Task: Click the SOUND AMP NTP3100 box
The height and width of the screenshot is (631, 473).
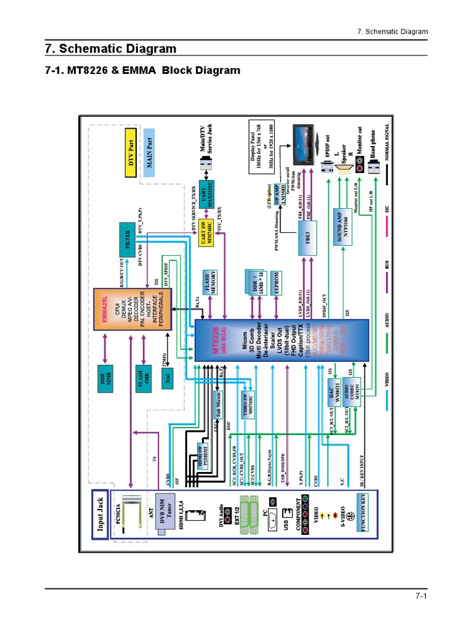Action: coord(342,224)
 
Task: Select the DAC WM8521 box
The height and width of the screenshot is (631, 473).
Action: coord(334,393)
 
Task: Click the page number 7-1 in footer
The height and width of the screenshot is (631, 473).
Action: coord(421,596)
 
